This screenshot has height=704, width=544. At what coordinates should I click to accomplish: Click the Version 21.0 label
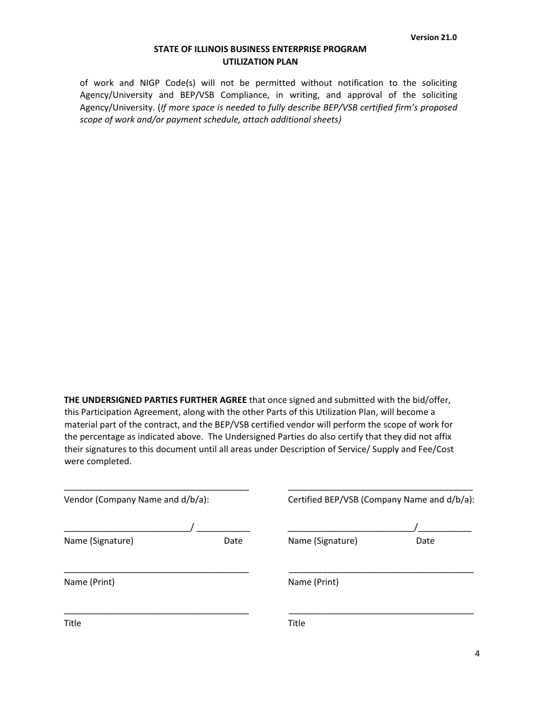pos(433,37)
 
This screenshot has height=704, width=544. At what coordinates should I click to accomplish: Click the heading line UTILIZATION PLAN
pos(260,62)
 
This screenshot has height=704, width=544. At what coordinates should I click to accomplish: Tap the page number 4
pos(477,654)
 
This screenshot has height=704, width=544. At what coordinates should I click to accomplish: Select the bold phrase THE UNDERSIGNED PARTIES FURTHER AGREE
pos(155,400)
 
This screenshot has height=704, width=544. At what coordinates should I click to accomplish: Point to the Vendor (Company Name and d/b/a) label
pos(136,500)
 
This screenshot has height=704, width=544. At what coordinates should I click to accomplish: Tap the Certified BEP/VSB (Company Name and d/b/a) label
pos(381,500)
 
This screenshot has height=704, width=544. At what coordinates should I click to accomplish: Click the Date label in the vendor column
pos(233,541)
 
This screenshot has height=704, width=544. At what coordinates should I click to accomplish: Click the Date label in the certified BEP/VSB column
pos(425,541)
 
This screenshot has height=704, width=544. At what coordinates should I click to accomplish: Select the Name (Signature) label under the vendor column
pos(98,541)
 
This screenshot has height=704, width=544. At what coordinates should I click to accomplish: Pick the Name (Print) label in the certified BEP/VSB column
pos(313,582)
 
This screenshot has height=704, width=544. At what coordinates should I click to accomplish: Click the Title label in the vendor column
pos(73,623)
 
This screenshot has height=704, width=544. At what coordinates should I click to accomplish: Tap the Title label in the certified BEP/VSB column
pos(297,623)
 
